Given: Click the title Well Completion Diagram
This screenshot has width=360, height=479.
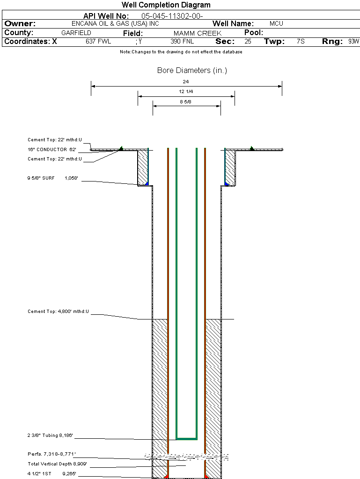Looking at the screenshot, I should click(x=166, y=5).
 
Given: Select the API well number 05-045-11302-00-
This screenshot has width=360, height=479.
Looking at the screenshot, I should click(x=172, y=16).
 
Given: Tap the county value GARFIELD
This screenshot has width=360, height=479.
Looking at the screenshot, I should click(x=76, y=33).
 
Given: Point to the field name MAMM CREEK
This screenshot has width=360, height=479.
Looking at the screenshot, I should click(x=197, y=33).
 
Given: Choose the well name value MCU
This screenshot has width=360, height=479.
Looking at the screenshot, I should click(x=276, y=24).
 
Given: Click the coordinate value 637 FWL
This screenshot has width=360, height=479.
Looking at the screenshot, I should click(x=98, y=42).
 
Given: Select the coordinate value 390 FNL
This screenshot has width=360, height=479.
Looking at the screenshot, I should click(x=182, y=42).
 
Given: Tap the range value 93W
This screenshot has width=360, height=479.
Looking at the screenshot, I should click(x=353, y=42).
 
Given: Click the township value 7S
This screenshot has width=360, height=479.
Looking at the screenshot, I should click(x=301, y=42).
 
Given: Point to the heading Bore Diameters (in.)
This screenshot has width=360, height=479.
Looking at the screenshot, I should click(x=192, y=71).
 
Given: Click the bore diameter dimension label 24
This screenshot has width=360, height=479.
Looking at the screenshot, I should click(x=186, y=81).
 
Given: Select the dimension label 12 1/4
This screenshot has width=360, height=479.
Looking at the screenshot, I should click(x=186, y=91).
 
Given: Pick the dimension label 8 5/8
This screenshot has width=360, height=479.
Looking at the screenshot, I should click(x=186, y=101).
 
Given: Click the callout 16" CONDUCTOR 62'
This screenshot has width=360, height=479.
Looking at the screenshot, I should click(x=51, y=150).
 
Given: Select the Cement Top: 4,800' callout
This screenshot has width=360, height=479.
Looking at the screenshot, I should click(x=58, y=311).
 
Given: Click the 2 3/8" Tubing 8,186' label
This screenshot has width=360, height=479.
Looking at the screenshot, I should click(x=50, y=435).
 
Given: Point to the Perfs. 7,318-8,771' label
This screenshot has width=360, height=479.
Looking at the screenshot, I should click(x=51, y=454).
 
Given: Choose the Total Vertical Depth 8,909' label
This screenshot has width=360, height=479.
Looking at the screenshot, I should click(x=57, y=464).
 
